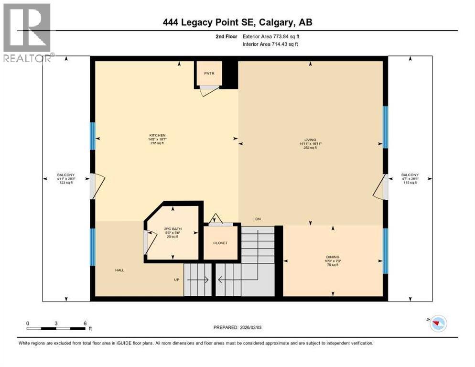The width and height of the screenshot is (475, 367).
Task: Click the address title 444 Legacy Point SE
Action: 237,22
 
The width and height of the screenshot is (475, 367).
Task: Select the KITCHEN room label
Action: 157,135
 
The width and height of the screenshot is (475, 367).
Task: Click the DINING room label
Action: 333,257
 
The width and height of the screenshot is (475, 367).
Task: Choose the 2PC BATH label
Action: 171,228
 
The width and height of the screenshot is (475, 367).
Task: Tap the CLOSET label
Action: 220,243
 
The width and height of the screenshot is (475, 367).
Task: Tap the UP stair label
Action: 176,280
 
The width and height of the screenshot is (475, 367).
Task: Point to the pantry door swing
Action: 208,91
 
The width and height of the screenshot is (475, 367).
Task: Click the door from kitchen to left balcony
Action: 97,186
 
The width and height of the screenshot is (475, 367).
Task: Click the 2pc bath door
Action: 150,242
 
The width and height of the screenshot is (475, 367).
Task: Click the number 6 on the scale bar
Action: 85,324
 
